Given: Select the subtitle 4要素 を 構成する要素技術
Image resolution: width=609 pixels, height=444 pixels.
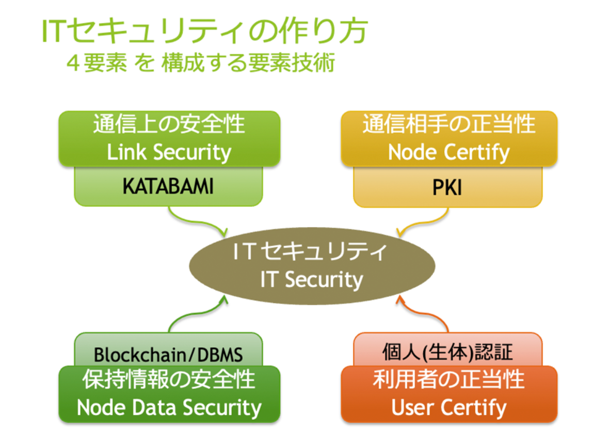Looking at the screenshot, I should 201,64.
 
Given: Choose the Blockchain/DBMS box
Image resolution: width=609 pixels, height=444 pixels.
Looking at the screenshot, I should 169,355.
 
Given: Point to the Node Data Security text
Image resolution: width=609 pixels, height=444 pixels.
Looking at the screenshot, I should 169,407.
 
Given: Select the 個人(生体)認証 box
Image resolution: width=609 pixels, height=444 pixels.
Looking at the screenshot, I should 447,352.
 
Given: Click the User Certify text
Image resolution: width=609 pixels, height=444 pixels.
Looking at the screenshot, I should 448,407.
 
